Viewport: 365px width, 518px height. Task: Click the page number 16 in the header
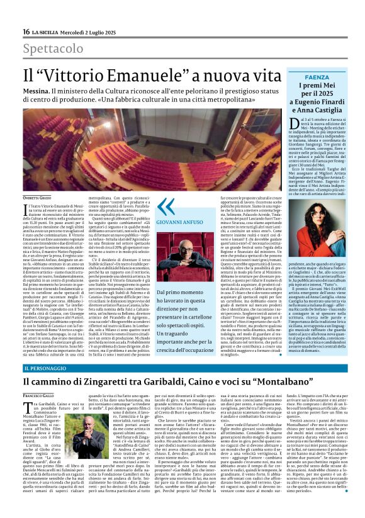tap(26, 31)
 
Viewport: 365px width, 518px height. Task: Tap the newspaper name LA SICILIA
tap(48, 31)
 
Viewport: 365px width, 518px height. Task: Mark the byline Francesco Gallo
tap(38, 394)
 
